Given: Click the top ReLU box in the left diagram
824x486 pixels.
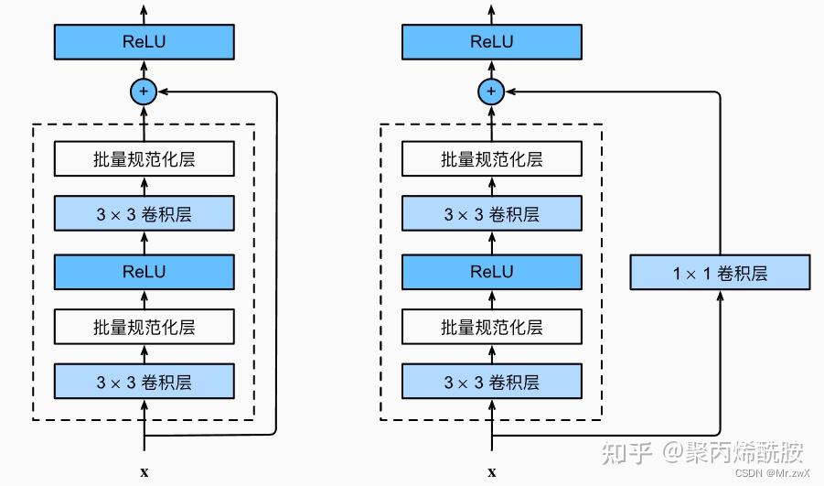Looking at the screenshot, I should point(144,42).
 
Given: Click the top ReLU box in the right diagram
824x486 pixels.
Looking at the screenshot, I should point(491,42).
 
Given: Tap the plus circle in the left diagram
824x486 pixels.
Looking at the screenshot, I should point(144,91).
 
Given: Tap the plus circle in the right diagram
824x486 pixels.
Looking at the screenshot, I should point(491,91).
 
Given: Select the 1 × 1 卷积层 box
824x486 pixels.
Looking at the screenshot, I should point(720,273).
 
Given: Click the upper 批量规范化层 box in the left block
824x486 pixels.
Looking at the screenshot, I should point(144,159).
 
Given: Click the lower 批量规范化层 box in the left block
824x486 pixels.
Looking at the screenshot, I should point(144,327).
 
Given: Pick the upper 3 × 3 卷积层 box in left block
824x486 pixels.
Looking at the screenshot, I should point(144,215).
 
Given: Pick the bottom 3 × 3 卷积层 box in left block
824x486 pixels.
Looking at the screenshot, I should point(144,382).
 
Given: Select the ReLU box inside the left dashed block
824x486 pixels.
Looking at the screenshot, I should point(144,272).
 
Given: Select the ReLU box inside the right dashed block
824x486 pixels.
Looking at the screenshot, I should point(491,272).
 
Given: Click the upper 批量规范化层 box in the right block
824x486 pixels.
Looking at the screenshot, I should point(491,159).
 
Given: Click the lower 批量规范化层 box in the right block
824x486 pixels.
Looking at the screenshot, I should point(491,327).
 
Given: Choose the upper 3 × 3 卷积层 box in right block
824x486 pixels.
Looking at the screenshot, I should point(491,215).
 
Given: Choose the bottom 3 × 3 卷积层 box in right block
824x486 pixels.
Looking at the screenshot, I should point(491,382).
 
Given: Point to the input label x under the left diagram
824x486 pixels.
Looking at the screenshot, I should point(144,472).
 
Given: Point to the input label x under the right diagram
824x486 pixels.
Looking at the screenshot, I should point(491,472).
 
